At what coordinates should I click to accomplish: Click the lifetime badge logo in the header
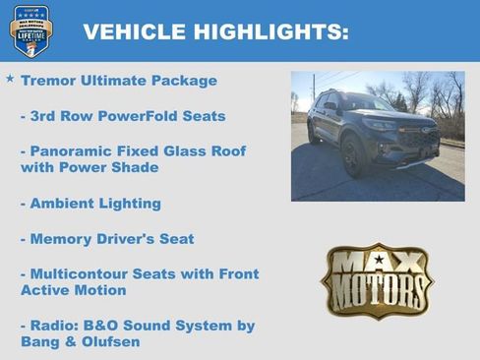click(30, 30)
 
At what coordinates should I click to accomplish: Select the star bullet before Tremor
click(10, 78)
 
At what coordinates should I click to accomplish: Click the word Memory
click(62, 239)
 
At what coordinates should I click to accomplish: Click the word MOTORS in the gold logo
click(377, 292)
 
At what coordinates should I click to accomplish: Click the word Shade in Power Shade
click(137, 168)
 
